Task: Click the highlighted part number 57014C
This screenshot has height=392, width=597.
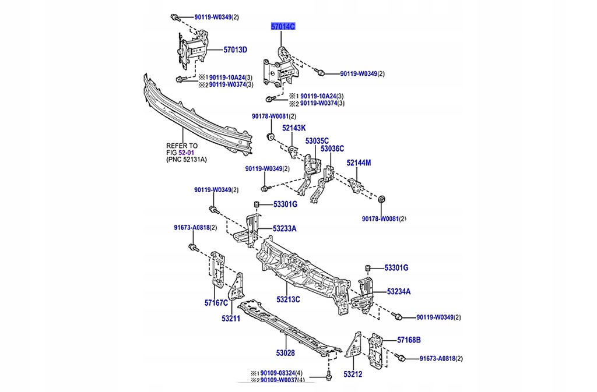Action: pyautogui.click(x=282, y=27)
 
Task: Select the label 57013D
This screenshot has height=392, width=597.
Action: pyautogui.click(x=235, y=50)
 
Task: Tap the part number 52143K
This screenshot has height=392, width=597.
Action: pyautogui.click(x=294, y=128)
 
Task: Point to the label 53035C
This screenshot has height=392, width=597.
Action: pyautogui.click(x=317, y=140)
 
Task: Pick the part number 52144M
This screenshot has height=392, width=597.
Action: pyautogui.click(x=359, y=163)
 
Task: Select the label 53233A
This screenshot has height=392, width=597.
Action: pyautogui.click(x=284, y=229)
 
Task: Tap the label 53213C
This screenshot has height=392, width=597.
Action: pyautogui.click(x=288, y=299)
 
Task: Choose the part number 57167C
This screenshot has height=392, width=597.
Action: pyautogui.click(x=216, y=303)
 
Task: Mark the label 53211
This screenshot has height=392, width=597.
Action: pyautogui.click(x=230, y=319)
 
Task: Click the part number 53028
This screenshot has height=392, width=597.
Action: pyautogui.click(x=285, y=353)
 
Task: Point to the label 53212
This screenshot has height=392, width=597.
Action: pyautogui.click(x=353, y=374)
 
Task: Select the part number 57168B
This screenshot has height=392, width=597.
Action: pyautogui.click(x=409, y=340)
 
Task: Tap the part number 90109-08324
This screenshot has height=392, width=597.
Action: pyautogui.click(x=278, y=373)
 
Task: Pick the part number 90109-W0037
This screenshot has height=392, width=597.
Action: pyautogui.click(x=278, y=380)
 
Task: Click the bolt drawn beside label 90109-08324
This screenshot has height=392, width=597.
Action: pyautogui.click(x=328, y=376)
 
